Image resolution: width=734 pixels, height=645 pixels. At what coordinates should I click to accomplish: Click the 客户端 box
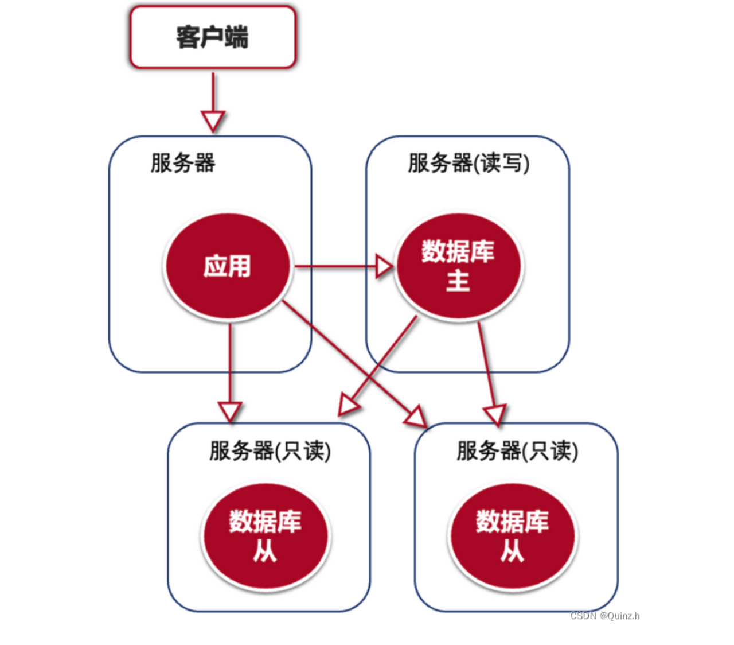point(213,37)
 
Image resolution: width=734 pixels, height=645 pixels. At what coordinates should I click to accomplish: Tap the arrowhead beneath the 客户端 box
point(213,121)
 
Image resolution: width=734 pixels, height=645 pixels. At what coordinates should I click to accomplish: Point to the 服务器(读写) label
point(468,163)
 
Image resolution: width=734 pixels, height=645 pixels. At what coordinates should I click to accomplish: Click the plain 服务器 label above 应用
point(182,163)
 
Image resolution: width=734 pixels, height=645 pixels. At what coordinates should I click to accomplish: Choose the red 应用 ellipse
point(228,266)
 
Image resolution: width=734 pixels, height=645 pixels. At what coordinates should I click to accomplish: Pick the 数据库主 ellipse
point(458,266)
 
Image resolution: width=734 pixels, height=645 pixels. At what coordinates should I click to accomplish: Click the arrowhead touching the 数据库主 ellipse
point(384,266)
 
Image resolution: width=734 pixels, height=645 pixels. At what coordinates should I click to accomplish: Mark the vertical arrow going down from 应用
point(230,362)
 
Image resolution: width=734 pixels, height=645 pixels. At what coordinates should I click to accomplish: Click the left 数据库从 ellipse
point(265,536)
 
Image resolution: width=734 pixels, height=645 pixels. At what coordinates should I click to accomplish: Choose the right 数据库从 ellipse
point(512,536)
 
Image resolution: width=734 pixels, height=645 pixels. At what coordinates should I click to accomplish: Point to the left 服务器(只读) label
point(270,451)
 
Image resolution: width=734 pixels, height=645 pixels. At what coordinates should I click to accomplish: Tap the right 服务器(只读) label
point(517,451)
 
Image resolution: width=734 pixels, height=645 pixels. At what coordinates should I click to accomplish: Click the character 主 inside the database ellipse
point(458,281)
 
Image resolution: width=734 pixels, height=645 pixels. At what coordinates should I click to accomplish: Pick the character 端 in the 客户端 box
point(236,38)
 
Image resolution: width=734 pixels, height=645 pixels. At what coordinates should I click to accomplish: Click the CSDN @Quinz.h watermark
point(605,616)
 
